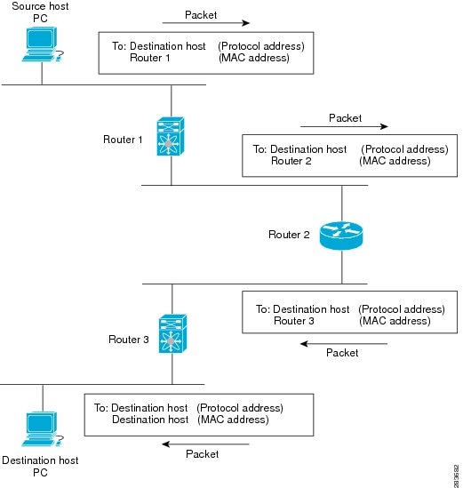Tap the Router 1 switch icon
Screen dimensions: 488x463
pyautogui.click(x=172, y=138)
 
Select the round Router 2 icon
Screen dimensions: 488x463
pyautogui.click(x=342, y=235)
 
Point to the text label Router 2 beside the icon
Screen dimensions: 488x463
pyautogui.click(x=289, y=235)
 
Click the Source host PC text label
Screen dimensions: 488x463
pyautogui.click(x=40, y=12)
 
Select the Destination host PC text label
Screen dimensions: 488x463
pyautogui.click(x=40, y=467)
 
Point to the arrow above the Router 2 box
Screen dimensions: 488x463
pyautogui.click(x=345, y=127)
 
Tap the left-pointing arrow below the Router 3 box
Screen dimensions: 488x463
pyautogui.click(x=342, y=342)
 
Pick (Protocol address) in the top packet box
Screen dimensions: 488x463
pyautogui.click(x=261, y=45)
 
